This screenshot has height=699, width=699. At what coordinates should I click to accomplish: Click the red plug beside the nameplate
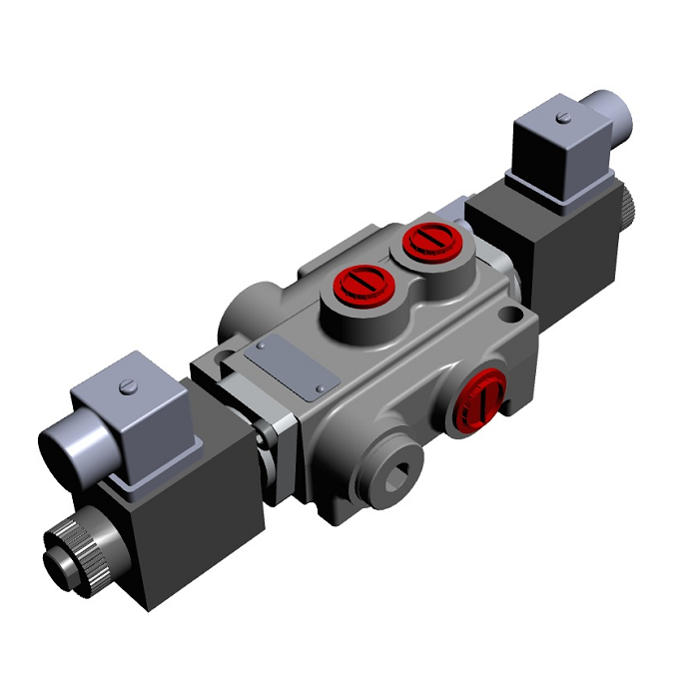360,284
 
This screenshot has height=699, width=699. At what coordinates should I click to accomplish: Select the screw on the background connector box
564,119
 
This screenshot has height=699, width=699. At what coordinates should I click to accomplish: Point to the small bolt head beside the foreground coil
267,436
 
